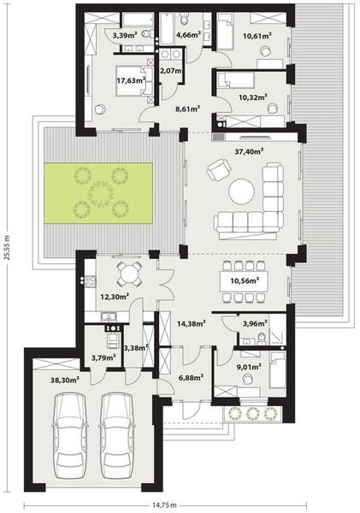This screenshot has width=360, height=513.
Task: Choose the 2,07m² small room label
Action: coord(171,71)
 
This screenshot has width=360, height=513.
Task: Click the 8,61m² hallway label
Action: coord(186,109)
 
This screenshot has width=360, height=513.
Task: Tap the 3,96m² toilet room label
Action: coord(255,324)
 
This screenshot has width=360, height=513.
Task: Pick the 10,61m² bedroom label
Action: coord(257,36)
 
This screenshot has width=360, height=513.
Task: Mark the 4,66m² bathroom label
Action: coord(187,36)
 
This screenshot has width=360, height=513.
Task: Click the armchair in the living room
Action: coord(217,172)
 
